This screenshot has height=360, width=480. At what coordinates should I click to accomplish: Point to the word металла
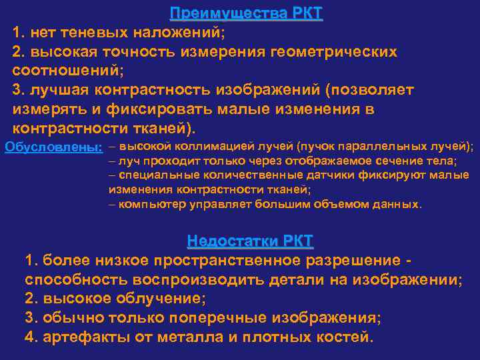[x=185, y=337]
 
